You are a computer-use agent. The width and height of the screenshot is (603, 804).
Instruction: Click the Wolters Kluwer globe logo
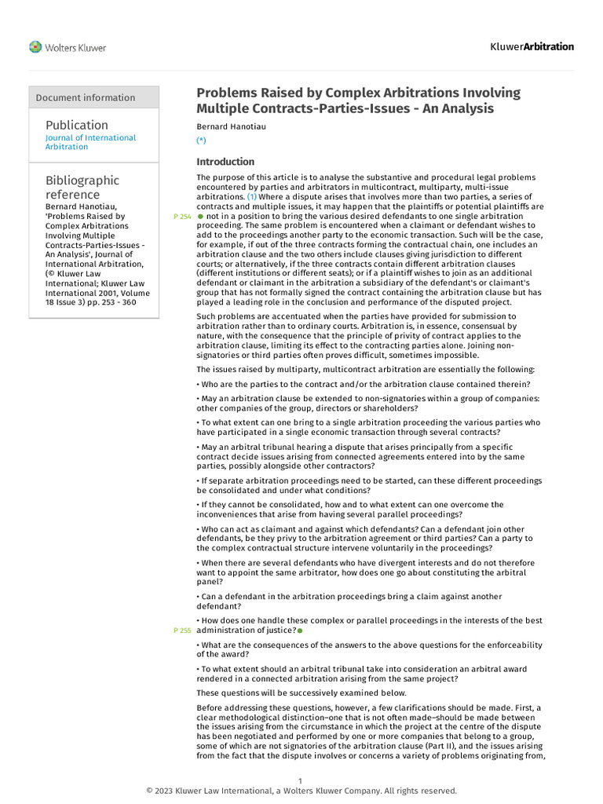tap(35, 47)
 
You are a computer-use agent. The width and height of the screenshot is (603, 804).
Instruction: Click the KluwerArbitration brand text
tap(532, 46)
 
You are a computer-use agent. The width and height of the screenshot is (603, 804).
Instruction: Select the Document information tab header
tap(86, 97)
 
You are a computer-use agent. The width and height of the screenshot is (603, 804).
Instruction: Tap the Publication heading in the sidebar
tap(77, 125)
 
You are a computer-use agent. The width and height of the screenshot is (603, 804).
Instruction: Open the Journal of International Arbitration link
tap(90, 142)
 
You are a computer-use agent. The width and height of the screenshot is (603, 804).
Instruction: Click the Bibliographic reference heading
tap(82, 187)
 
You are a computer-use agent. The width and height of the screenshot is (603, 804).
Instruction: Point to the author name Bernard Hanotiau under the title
tap(228, 126)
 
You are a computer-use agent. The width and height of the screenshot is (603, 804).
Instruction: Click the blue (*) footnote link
tap(201, 140)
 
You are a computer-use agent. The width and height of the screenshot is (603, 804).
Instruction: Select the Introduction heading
tap(225, 162)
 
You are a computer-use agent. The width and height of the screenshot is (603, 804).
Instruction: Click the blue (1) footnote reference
tap(252, 196)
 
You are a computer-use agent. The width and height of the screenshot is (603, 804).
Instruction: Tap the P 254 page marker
tap(181, 216)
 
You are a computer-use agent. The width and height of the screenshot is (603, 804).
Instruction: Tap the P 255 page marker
tap(181, 630)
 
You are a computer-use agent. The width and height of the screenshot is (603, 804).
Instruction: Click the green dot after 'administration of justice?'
tap(300, 630)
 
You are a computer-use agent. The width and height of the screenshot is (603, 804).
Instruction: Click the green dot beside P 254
tap(200, 216)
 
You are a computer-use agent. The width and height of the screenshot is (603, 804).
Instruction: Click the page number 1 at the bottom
tap(301, 780)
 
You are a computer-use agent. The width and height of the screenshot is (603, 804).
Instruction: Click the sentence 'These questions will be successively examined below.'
tap(301, 693)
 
